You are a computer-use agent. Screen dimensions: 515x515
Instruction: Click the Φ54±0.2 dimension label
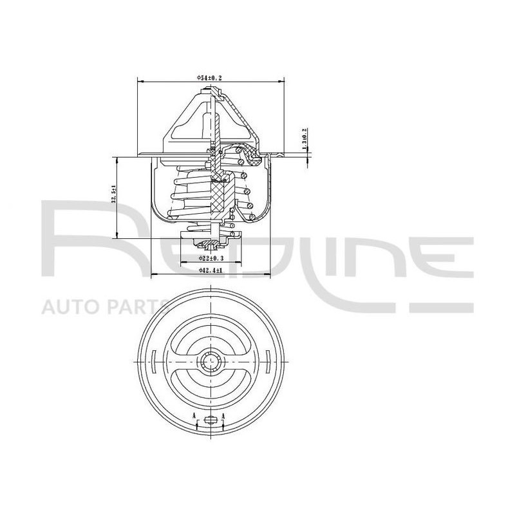[x=211, y=77]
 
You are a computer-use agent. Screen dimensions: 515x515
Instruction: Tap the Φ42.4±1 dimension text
[x=211, y=271]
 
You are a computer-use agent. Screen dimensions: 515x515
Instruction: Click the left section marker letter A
[x=194, y=416]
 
